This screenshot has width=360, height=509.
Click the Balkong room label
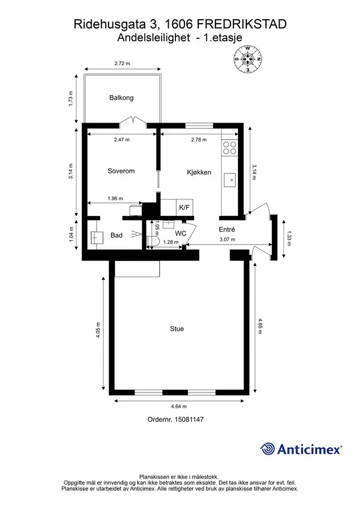(x=121, y=98)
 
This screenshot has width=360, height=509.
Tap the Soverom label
(x=121, y=171)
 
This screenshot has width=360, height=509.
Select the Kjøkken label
(x=199, y=172)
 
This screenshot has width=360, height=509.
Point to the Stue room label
(x=177, y=329)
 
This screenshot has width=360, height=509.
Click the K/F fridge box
(x=184, y=208)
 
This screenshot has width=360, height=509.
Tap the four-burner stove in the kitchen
(x=229, y=148)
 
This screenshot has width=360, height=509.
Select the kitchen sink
(x=230, y=180)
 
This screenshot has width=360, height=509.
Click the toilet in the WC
(x=152, y=241)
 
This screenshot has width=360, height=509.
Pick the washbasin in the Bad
(x=96, y=237)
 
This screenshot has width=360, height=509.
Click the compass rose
(x=247, y=59)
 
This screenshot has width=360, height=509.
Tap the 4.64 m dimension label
(x=179, y=407)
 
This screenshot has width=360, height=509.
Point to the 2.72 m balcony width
(x=122, y=64)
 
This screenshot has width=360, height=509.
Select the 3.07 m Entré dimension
(x=227, y=240)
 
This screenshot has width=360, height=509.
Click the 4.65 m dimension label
(x=260, y=326)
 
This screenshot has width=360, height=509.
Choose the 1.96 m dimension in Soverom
(x=115, y=199)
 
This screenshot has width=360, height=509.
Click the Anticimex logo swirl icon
(x=268, y=449)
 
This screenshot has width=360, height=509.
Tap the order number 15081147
(x=189, y=420)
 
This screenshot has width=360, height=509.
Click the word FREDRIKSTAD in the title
(x=242, y=24)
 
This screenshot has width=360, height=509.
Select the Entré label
(x=227, y=229)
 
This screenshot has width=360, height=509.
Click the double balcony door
(x=133, y=121)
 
